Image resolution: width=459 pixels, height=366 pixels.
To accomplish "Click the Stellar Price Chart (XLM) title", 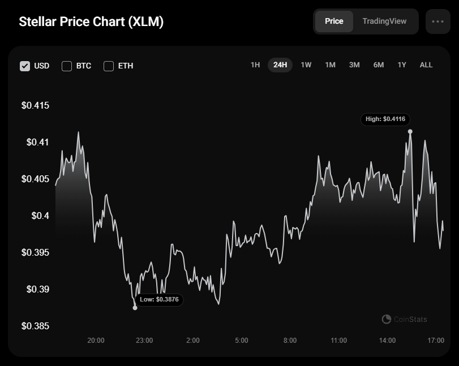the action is [x=91, y=21].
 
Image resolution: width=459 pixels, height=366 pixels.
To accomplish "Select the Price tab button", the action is [x=334, y=21].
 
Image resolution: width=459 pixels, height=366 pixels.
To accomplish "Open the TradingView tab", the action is [x=384, y=21].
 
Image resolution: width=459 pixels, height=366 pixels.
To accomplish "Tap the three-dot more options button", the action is [x=437, y=21].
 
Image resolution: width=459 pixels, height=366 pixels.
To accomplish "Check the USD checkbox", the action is [x=25, y=66].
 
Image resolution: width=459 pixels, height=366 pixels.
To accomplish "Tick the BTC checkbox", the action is [x=67, y=66].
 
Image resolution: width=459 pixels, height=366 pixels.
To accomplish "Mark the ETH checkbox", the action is [x=109, y=66].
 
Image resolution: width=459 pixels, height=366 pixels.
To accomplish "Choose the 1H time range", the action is [x=255, y=65].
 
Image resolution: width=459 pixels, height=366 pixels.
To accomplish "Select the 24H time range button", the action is [x=280, y=65].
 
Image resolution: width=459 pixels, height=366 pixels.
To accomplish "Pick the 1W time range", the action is [x=306, y=65].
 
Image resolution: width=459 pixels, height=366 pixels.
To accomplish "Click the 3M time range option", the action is [x=354, y=65].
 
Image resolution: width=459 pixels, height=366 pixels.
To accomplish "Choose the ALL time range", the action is [x=426, y=65].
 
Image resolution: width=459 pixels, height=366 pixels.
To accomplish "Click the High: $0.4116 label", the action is [x=385, y=119].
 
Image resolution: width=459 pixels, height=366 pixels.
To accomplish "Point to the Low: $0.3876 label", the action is [x=159, y=300].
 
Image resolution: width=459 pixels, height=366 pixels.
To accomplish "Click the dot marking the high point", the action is [x=410, y=132].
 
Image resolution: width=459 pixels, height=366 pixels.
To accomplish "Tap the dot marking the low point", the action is [x=135, y=308].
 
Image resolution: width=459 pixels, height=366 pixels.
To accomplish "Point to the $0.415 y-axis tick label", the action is [x=36, y=105].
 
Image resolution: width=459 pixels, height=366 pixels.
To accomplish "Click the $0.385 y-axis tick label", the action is [x=36, y=326].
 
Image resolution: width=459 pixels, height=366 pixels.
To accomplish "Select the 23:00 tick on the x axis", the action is [x=144, y=341].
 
